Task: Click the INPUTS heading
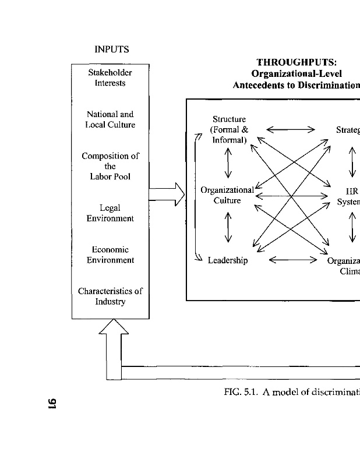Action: coord(111,50)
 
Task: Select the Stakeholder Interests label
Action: coord(110,78)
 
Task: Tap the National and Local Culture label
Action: coord(110,120)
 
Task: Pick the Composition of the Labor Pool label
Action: coord(110,166)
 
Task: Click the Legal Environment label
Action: coord(110,213)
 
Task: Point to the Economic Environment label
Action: coord(110,255)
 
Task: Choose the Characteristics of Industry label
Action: coord(110,296)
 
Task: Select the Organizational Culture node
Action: coord(227,195)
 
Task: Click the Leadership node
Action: coord(228,260)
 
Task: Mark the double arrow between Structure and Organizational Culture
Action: coord(228,163)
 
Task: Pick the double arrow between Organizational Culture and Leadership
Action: coord(228,228)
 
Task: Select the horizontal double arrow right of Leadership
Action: coord(291,260)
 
